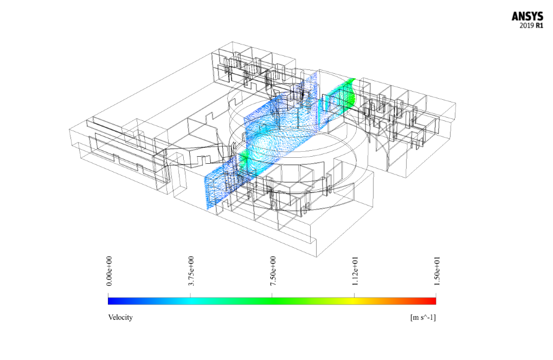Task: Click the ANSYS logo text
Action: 528,17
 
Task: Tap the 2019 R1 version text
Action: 531,25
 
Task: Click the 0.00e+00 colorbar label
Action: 109,271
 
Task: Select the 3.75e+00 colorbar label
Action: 191,271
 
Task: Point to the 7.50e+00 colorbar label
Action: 273,271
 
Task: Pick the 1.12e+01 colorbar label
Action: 355,271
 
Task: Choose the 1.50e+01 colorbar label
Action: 436,271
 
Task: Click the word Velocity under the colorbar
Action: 120,317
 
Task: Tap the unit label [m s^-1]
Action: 423,317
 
